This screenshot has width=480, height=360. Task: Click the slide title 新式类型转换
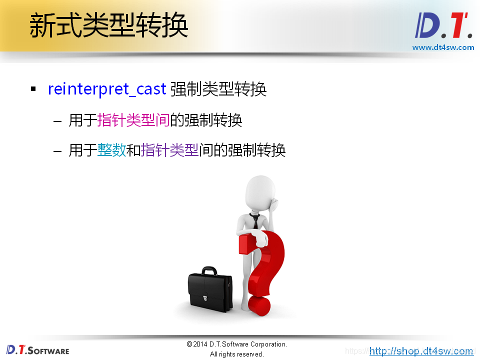pos(108,26)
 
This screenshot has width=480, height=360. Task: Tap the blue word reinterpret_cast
pos(106,89)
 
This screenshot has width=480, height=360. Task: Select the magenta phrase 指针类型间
pos(133,120)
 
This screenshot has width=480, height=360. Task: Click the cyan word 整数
pos(112,150)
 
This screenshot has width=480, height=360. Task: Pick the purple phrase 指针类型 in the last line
pos(170,150)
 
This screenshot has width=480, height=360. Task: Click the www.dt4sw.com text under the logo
pos(443,47)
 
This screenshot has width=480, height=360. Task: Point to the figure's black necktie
pos(255,220)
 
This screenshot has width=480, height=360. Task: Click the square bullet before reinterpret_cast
pos(33,89)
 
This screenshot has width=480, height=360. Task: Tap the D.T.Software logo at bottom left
pos(37,349)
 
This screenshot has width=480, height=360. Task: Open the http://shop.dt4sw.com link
pos(421,351)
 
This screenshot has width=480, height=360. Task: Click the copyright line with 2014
pos(236,344)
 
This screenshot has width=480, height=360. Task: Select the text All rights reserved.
pos(236,354)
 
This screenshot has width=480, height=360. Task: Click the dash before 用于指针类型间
pos(57,121)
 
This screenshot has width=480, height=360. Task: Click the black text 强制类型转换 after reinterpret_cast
pos(218,89)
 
